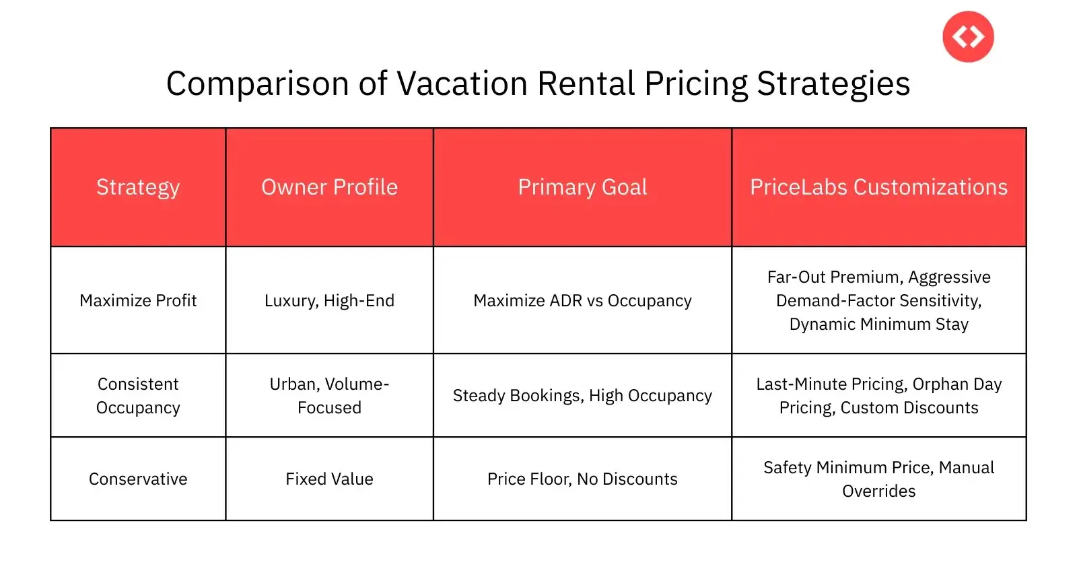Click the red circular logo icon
[968, 36]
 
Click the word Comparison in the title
[258, 84]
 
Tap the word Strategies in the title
[833, 84]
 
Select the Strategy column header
[138, 187]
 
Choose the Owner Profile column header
[329, 187]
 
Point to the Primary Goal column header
[582, 187]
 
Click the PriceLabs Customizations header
[878, 187]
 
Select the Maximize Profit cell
[138, 300]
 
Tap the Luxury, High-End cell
[329, 301]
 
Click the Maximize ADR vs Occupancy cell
[582, 301]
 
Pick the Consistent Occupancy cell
[138, 396]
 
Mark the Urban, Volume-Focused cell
[329, 396]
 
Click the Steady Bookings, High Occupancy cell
[582, 396]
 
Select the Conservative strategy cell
[138, 479]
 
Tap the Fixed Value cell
[329, 479]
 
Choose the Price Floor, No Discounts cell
[582, 479]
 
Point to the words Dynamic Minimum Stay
[878, 324]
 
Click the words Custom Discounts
[909, 408]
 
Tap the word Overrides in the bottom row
[878, 491]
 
